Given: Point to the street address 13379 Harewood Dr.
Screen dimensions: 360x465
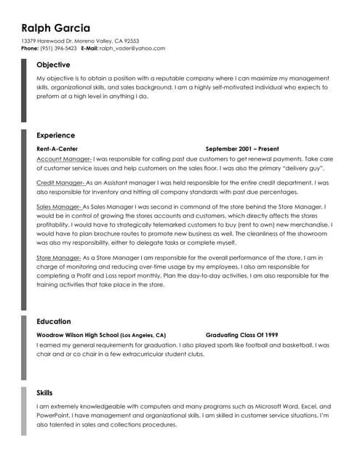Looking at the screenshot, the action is click(x=48, y=41).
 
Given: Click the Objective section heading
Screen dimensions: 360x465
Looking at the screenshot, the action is click(x=53, y=65).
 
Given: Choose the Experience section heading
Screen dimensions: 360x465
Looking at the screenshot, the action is click(x=55, y=135).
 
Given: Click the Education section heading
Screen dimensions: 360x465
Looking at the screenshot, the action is click(x=54, y=321).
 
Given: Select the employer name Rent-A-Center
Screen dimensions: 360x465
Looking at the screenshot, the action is click(x=57, y=148).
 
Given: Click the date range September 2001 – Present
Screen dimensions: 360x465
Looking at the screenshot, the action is click(x=242, y=148).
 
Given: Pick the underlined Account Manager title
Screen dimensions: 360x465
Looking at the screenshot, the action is click(x=63, y=158).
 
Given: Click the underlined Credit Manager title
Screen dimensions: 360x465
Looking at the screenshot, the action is click(x=60, y=182).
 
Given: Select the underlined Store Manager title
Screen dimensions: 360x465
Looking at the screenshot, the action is click(x=59, y=258).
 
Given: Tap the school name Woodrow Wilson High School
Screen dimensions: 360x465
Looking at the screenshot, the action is click(x=77, y=335).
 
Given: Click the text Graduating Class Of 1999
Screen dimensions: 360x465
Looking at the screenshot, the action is click(x=241, y=335).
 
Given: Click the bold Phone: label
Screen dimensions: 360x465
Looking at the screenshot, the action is click(x=30, y=49).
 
